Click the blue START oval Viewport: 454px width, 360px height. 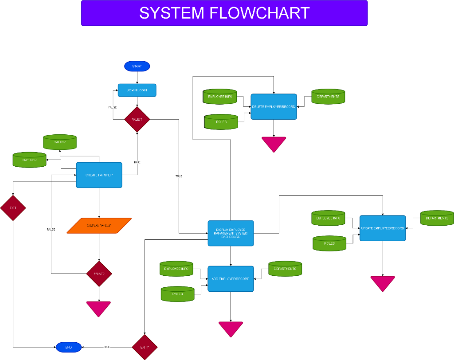(137, 66)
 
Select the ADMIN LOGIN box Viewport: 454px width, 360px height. (137, 90)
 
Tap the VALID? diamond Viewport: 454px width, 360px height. (137, 119)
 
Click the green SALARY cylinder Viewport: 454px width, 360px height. (60, 142)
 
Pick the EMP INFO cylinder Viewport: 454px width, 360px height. (30, 160)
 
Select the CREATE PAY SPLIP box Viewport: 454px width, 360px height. (99, 175)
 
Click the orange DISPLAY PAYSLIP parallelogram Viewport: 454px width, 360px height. (99, 226)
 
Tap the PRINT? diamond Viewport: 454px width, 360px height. (99, 274)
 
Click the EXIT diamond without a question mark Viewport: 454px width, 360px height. (13, 207)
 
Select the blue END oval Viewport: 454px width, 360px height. (69, 347)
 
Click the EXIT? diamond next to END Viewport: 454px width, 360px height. (145, 347)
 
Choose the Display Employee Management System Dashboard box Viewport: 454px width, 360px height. (231, 233)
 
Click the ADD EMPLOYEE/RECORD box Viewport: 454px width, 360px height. (231, 279)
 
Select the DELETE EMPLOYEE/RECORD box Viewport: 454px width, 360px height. (274, 107)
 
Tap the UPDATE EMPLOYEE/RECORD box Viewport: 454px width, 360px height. (383, 228)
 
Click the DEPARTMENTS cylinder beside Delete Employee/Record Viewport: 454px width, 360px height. (328, 97)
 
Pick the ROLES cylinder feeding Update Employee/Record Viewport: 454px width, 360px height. (329, 243)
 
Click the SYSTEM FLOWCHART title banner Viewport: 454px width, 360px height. (224, 13)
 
